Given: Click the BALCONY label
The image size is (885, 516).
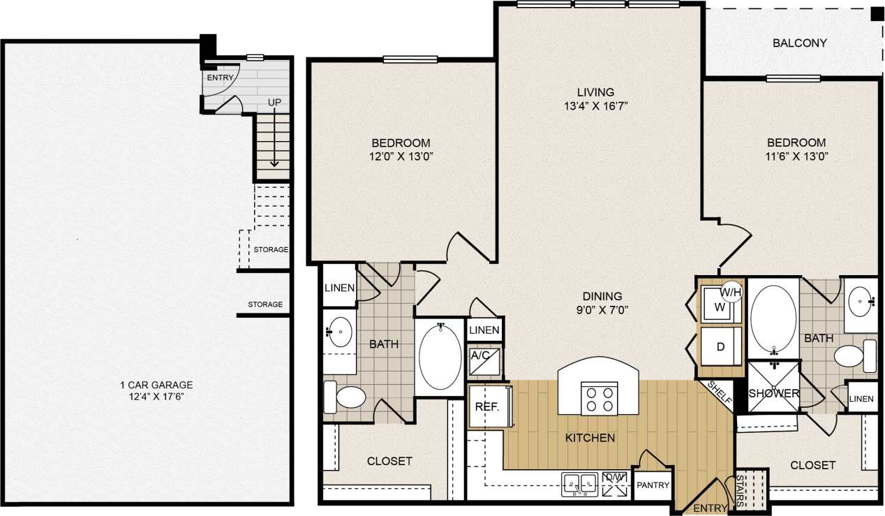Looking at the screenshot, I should pos(799,43).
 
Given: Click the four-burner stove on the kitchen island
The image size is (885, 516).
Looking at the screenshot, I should pos(599,399).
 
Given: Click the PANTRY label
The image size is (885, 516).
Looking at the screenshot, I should pos(653,485).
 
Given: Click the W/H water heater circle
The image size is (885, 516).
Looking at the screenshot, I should pos(731,290).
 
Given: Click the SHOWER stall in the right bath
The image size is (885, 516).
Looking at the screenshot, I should pos(773,393).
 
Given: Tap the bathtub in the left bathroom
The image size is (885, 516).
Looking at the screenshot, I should pos(440,355).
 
